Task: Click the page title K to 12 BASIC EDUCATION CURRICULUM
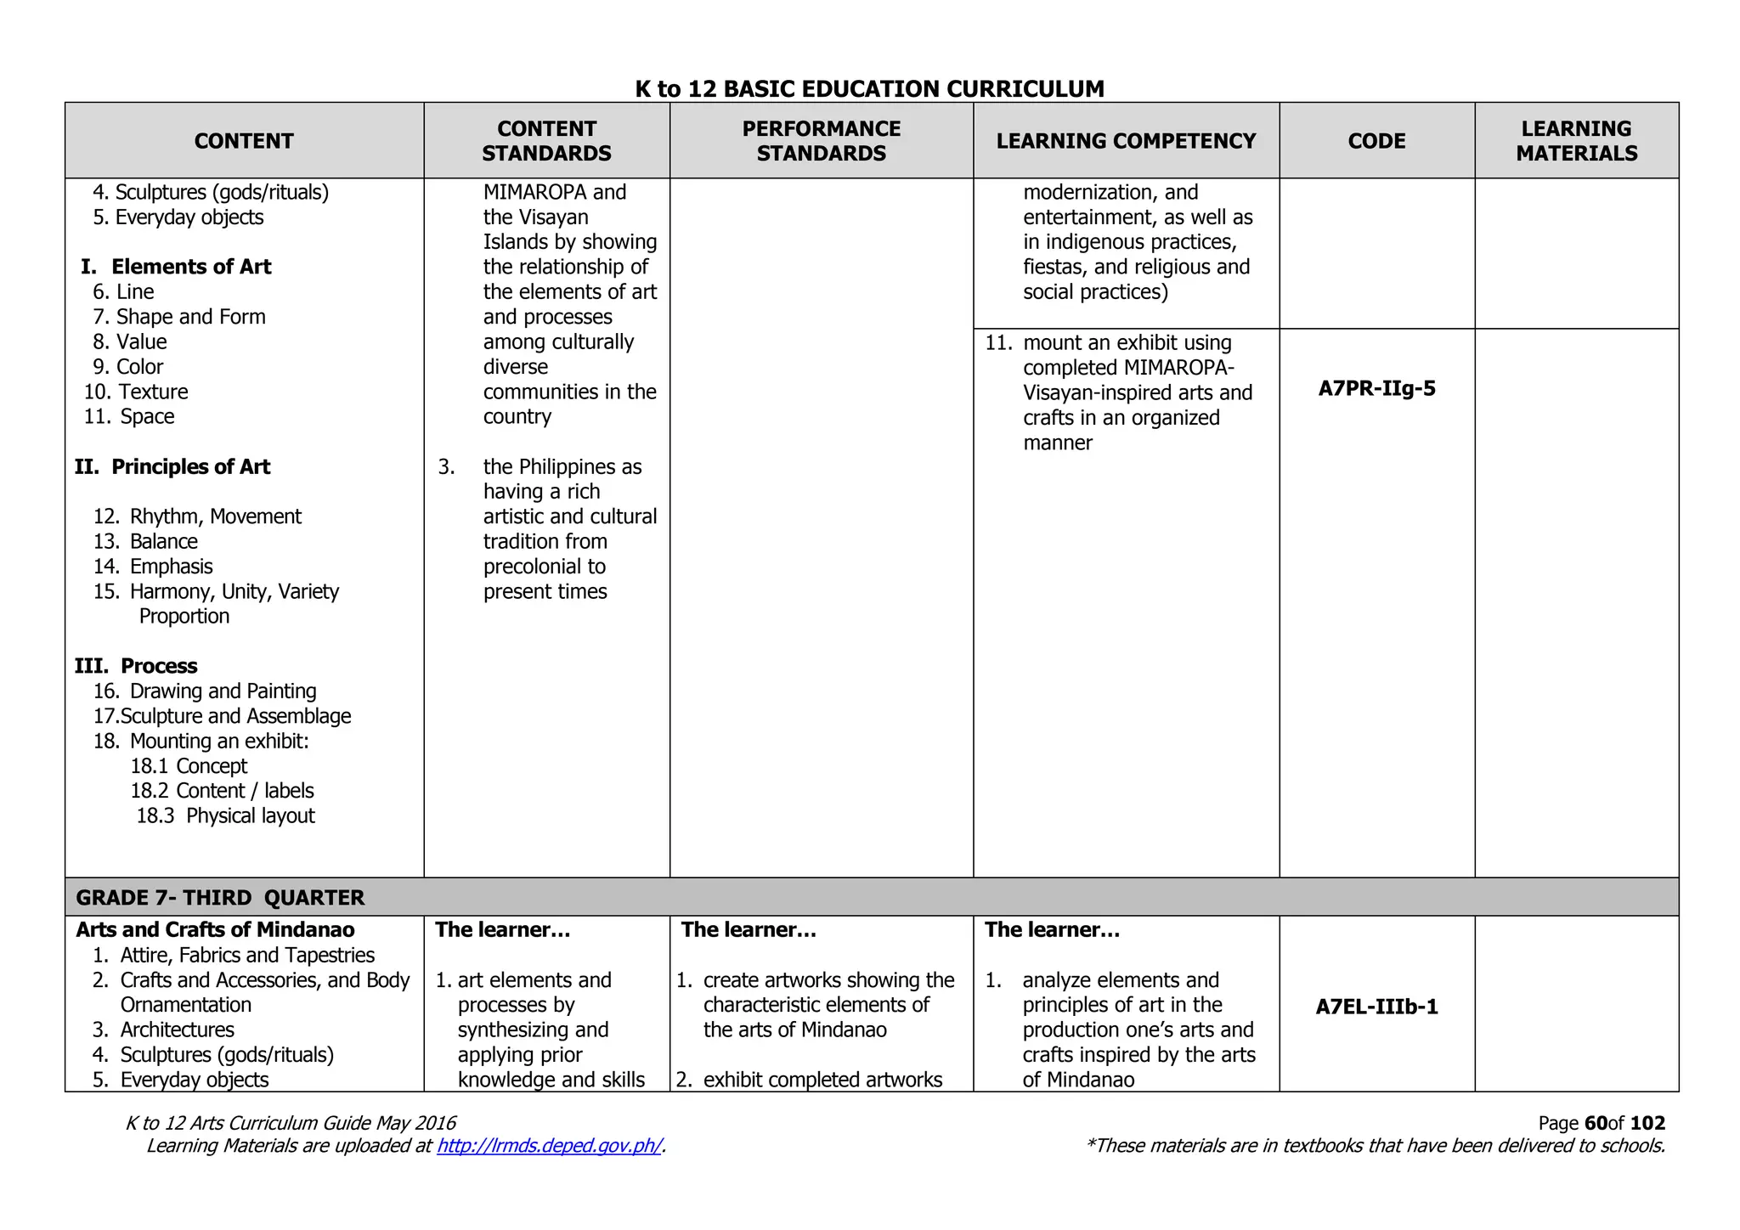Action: coord(869,89)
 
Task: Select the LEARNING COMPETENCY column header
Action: coord(1126,141)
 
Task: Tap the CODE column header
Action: coord(1376,141)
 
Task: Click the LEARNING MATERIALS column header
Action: coord(1576,141)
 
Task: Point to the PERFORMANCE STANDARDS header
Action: coord(821,141)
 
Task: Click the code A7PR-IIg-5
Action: coord(1376,389)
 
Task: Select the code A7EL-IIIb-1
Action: coord(1376,1007)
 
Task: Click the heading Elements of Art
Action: coord(190,267)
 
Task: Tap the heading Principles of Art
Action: coord(190,467)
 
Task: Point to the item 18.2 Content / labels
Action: coord(222,791)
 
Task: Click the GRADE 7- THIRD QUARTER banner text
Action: coord(220,898)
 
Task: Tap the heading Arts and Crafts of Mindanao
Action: coord(215,930)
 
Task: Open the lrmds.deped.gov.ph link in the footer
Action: coord(549,1146)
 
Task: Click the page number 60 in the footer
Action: coord(1595,1123)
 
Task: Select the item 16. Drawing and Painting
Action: coord(205,691)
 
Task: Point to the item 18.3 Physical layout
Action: coord(225,816)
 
